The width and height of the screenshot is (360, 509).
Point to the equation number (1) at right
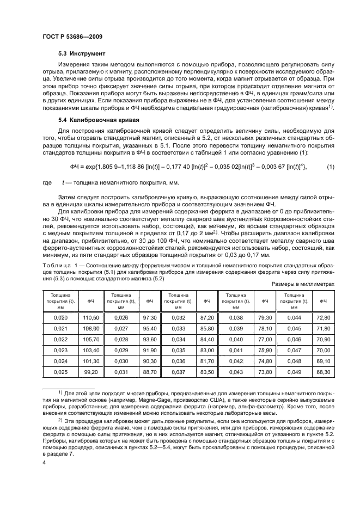[x=330, y=166]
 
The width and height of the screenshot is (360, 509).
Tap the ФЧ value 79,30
[x=265, y=317]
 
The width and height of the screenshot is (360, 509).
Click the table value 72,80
[x=324, y=317]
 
